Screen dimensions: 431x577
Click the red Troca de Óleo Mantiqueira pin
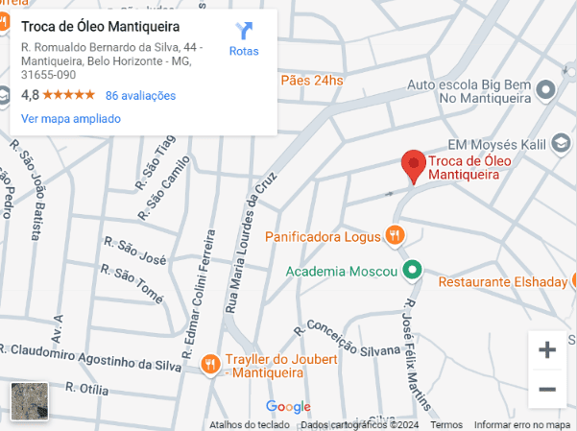[413, 165]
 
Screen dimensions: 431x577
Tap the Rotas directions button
[244, 39]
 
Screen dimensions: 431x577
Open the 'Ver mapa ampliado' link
[71, 119]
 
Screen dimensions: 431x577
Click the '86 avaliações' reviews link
[140, 95]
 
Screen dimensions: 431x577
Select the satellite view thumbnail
[29, 402]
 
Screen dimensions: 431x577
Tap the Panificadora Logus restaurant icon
[394, 234]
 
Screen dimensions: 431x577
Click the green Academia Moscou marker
[412, 270]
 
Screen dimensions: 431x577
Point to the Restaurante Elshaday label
[502, 282]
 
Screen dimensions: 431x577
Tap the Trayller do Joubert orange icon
[210, 364]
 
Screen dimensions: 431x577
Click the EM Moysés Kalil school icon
[558, 144]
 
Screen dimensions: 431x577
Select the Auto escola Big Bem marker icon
[546, 90]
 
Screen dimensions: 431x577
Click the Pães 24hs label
[311, 81]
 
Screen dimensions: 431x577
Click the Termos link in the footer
[446, 424]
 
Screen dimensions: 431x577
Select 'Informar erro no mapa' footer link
[522, 424]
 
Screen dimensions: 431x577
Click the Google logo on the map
[288, 406]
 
